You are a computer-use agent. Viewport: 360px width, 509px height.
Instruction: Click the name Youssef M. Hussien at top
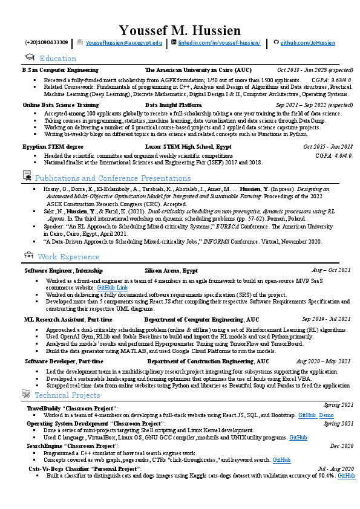pyautogui.click(x=180, y=30)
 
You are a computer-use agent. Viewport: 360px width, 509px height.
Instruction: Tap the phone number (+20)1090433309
pyautogui.click(x=46, y=44)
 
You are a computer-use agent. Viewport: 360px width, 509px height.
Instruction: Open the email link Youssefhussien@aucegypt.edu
pyautogui.click(x=124, y=44)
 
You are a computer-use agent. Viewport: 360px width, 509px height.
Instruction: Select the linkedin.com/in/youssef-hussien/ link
pyautogui.click(x=219, y=44)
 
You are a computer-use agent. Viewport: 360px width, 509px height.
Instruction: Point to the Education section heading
pyautogui.click(x=57, y=59)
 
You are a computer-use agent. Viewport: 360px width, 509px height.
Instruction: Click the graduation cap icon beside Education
pyautogui.click(x=28, y=57)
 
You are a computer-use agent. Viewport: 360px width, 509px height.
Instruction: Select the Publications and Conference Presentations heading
pyautogui.click(x=113, y=178)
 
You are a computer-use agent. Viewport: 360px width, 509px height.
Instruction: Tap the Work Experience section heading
pyautogui.click(x=68, y=256)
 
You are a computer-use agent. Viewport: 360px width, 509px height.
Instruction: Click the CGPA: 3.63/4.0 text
pyautogui.click(x=331, y=80)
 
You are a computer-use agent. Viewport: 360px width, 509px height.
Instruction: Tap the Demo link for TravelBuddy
pyautogui.click(x=326, y=416)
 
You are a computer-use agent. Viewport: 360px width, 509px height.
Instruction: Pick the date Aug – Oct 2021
pyautogui.click(x=331, y=270)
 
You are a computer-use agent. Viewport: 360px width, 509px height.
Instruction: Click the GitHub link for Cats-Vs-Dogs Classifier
pyautogui.click(x=346, y=476)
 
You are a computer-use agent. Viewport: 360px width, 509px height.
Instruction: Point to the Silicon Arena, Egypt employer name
pyautogui.click(x=171, y=270)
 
